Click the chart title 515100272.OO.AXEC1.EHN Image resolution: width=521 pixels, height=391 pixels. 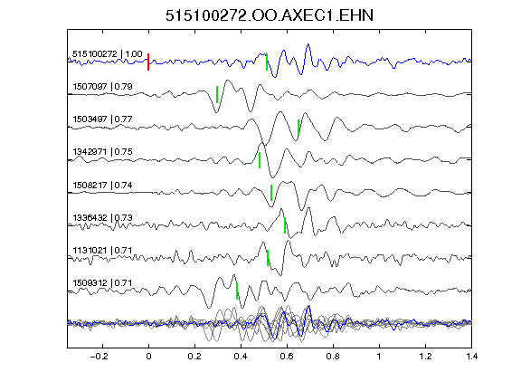(x=270, y=15)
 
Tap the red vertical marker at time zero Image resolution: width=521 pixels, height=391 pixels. (x=148, y=62)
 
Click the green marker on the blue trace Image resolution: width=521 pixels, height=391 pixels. (x=267, y=62)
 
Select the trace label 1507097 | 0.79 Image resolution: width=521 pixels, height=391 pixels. (x=102, y=87)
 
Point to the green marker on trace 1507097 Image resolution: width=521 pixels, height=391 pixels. (x=217, y=94)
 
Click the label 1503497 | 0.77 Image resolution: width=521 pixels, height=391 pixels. (x=102, y=119)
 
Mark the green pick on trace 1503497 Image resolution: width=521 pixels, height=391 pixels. (x=298, y=128)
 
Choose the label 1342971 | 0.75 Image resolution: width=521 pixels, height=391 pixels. (x=102, y=152)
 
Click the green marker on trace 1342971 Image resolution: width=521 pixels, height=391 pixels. (x=260, y=160)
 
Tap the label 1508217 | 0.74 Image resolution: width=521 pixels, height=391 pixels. (x=102, y=186)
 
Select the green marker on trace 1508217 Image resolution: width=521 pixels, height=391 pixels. (x=271, y=193)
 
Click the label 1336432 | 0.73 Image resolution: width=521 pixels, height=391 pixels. (x=102, y=218)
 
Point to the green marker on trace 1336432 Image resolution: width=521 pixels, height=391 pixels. (x=285, y=225)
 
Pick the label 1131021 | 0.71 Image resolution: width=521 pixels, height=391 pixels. (x=102, y=251)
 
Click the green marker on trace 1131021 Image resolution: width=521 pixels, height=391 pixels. (x=268, y=258)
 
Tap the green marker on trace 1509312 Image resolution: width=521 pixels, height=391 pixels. (x=237, y=291)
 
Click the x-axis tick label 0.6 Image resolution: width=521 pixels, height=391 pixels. (x=287, y=357)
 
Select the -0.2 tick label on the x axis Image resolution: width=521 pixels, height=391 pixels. (x=99, y=357)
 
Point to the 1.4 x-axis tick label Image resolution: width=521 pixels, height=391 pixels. (x=471, y=357)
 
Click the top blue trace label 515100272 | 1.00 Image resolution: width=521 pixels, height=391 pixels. (x=108, y=54)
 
